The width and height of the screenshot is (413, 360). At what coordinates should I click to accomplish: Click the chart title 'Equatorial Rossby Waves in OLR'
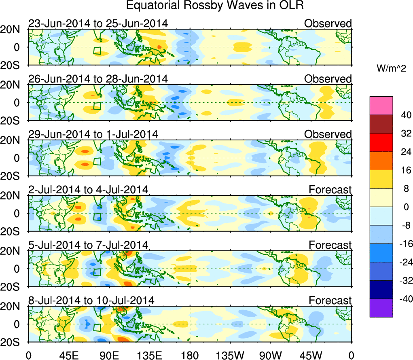(215, 6)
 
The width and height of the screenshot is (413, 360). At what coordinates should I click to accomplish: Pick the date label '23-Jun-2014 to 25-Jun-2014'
(98, 23)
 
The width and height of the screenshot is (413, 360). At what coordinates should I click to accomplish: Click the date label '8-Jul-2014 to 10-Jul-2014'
(91, 301)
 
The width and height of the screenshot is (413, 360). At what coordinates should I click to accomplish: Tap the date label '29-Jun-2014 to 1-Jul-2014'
(93, 134)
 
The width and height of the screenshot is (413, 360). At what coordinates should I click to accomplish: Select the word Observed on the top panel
(328, 23)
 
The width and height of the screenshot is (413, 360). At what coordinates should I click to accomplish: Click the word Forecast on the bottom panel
(330, 301)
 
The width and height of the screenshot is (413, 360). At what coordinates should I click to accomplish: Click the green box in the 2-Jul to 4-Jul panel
(97, 216)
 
